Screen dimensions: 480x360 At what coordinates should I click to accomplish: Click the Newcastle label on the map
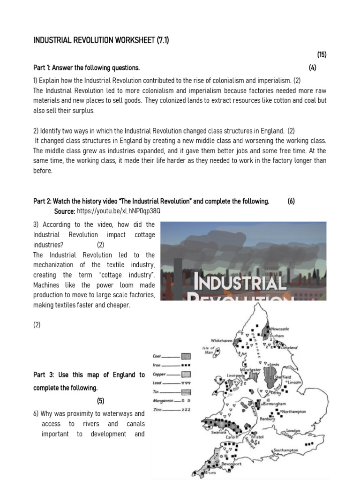(280, 329)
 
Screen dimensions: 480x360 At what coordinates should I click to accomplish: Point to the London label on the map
(293, 430)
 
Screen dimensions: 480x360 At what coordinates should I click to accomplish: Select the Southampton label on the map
(285, 450)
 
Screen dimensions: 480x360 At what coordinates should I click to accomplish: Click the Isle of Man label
(208, 350)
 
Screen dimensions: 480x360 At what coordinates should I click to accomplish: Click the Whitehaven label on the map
(222, 340)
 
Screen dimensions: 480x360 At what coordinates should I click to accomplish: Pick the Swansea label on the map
(219, 433)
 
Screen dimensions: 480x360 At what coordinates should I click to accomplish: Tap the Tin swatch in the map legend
(186, 392)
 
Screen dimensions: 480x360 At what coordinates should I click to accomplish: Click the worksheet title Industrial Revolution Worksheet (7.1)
(101, 41)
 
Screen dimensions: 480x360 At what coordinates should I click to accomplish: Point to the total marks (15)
(321, 55)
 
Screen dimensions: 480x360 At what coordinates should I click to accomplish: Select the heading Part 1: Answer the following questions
(86, 68)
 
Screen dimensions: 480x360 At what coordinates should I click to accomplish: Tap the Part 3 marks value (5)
(101, 401)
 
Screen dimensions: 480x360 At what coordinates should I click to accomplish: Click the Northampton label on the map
(294, 411)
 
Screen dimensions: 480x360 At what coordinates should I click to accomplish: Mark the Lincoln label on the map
(294, 382)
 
